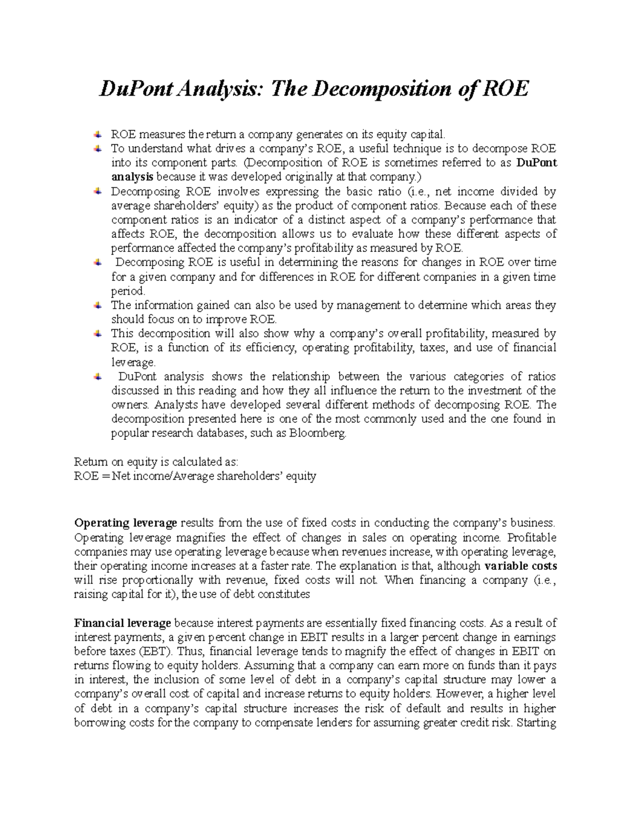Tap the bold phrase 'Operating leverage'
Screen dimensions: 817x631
pyautogui.click(x=126, y=523)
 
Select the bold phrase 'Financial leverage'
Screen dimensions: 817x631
pyautogui.click(x=123, y=623)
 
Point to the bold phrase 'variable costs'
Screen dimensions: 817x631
pyautogui.click(x=521, y=566)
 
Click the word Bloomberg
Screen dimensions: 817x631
pyautogui.click(x=322, y=433)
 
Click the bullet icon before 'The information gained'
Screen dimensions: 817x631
pyautogui.click(x=98, y=305)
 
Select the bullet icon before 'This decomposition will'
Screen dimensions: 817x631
pyautogui.click(x=98, y=333)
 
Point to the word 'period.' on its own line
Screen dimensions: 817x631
pyautogui.click(x=128, y=291)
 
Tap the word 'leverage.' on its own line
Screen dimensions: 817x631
pyautogui.click(x=134, y=362)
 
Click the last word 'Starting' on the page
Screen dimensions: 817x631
pyautogui.click(x=536, y=722)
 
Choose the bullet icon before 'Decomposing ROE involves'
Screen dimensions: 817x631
pyautogui.click(x=98, y=191)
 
